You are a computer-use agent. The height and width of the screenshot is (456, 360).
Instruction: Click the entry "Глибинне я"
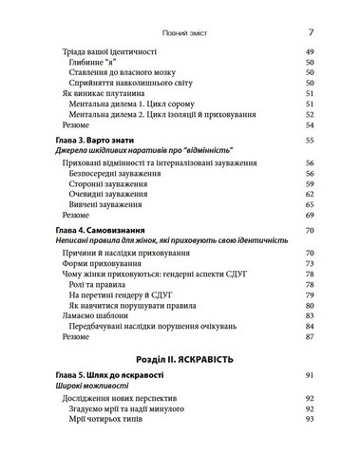99,63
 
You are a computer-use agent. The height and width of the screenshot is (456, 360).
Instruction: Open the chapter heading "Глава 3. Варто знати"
98,140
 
